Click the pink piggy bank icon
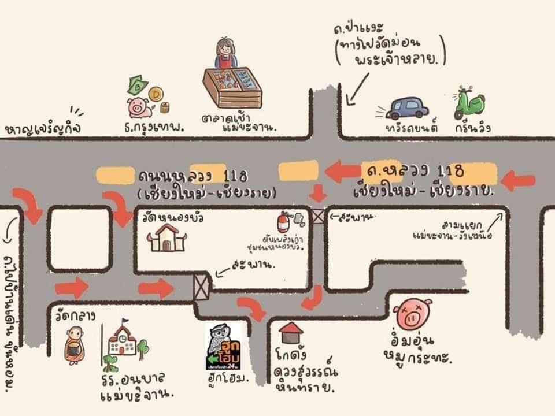coord(139,106)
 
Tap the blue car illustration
coord(407,108)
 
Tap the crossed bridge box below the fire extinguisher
coord(318,217)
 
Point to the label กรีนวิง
coord(472,128)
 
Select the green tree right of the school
coord(142,348)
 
